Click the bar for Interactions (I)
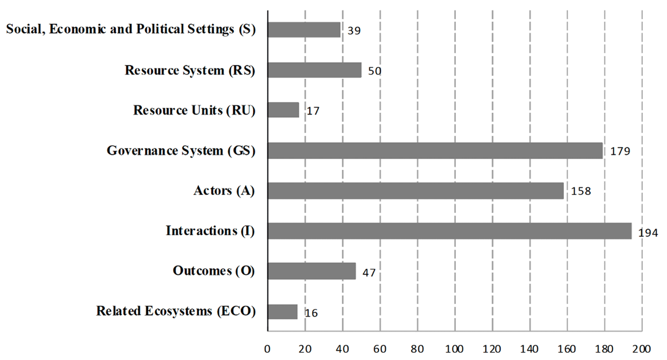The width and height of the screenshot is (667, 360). [449, 231]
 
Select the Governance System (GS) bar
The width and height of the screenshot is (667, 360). [435, 151]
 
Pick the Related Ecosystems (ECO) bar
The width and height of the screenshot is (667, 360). [282, 311]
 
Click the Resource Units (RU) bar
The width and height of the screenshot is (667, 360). [283, 110]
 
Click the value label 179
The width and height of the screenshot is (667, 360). [620, 152]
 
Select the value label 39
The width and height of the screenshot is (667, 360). [354, 31]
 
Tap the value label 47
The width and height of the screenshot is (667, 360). [369, 273]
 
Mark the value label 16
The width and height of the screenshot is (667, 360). [311, 313]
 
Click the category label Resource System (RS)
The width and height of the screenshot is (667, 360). [190, 71]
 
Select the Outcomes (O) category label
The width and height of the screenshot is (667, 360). [213, 271]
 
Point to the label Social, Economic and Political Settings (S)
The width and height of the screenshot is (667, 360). [130, 29]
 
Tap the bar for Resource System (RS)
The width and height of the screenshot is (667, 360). [314, 70]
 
